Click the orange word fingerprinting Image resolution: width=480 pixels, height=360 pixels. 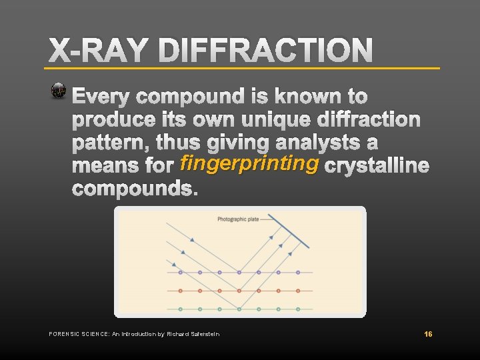(x=248, y=163)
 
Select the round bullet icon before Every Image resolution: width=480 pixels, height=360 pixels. (x=59, y=92)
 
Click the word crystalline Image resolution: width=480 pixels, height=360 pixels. (x=376, y=166)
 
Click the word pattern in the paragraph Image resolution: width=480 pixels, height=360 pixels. (x=109, y=143)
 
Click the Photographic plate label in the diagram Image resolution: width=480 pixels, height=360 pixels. (x=239, y=219)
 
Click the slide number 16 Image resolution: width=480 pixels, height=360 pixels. (x=429, y=333)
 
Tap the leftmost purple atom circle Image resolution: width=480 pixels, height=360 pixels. (x=181, y=272)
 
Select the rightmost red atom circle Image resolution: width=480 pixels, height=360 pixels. (x=297, y=291)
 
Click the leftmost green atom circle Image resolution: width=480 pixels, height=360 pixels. (x=181, y=309)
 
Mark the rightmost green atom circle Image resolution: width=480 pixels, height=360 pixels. (x=297, y=309)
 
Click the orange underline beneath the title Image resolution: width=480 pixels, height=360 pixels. (x=243, y=68)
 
